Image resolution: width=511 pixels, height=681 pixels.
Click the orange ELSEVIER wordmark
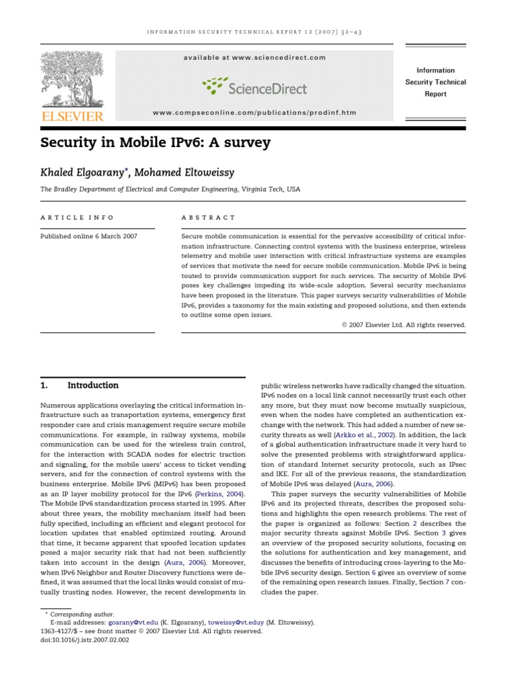pyautogui.click(x=73, y=117)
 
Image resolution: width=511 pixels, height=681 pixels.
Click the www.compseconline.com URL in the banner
pyautogui.click(x=255, y=113)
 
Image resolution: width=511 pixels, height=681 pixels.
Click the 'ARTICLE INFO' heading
pyautogui.click(x=77, y=217)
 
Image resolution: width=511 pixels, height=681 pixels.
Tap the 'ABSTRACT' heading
pyautogui.click(x=208, y=217)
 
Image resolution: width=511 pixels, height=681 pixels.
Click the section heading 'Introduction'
pyautogui.click(x=92, y=385)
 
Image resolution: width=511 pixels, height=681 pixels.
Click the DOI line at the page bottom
pyautogui.click(x=85, y=640)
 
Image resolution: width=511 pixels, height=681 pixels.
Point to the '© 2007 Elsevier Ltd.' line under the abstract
pyautogui.click(x=403, y=325)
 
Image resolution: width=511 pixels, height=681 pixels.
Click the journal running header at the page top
pyautogui.click(x=255, y=32)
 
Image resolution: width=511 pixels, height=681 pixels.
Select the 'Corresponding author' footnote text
pyautogui.click(x=84, y=614)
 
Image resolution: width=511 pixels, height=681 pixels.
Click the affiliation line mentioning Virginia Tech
pyautogui.click(x=170, y=190)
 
